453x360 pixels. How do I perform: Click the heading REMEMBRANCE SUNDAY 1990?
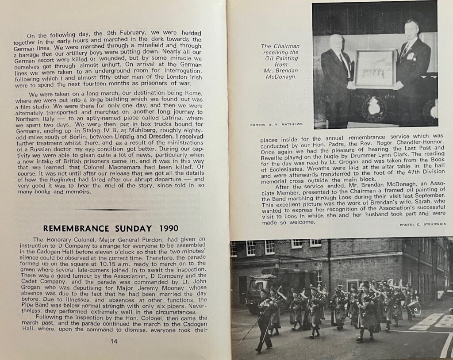click(111, 228)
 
